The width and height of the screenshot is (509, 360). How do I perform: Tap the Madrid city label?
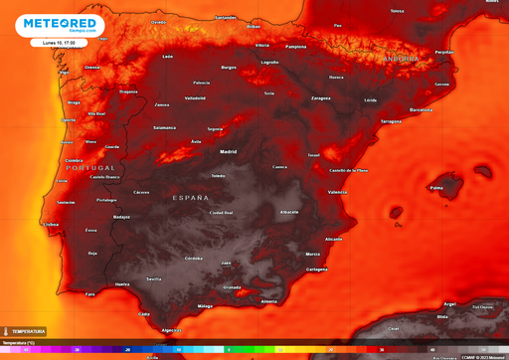click(228, 152)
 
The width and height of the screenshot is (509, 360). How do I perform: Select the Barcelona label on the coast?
click(422, 109)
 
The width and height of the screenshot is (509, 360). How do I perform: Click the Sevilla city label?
click(154, 279)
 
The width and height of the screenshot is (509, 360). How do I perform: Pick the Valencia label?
click(337, 192)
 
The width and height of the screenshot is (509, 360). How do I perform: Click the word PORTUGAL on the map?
click(90, 168)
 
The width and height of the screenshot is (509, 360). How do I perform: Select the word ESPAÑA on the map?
click(192, 199)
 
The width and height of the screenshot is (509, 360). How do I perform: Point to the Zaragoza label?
click(320, 98)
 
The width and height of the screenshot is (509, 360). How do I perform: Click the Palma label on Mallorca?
click(436, 188)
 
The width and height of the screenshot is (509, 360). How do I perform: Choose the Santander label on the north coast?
click(226, 17)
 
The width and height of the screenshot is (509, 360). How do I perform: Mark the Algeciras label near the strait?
click(173, 330)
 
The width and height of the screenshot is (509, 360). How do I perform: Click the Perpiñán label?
click(444, 52)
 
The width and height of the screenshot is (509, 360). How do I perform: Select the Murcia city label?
click(313, 255)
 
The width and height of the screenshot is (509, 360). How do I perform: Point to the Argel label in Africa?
click(450, 304)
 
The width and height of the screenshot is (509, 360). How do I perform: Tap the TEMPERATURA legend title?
click(28, 331)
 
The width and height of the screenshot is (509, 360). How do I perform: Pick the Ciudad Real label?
click(221, 213)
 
